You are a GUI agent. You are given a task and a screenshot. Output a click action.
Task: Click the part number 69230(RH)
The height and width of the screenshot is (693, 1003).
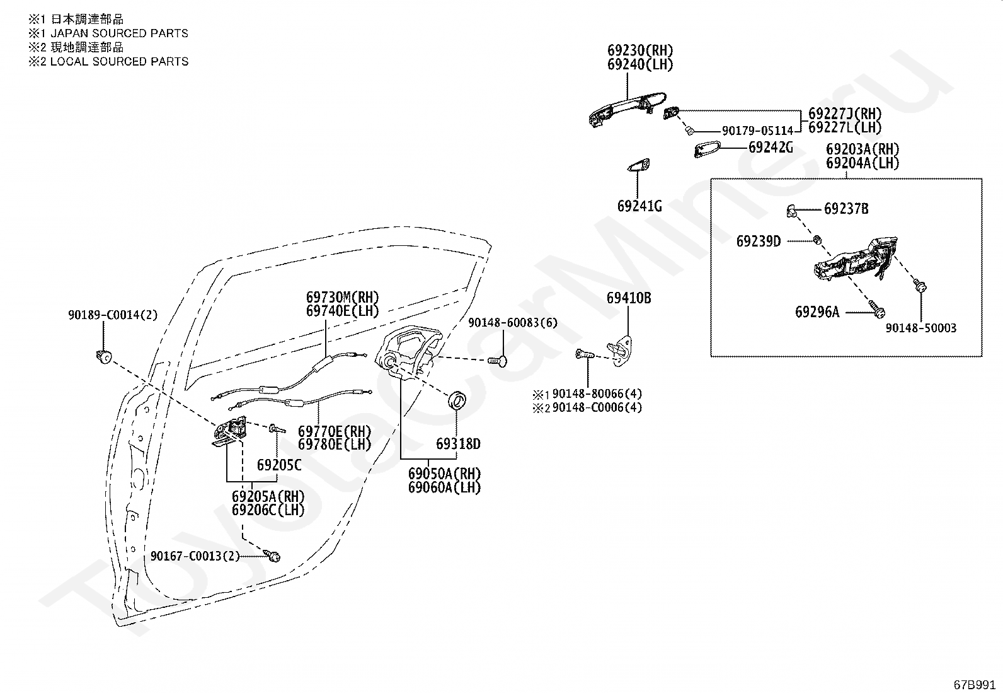pos(640,50)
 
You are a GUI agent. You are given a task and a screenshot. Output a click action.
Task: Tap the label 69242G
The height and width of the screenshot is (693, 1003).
pos(771,147)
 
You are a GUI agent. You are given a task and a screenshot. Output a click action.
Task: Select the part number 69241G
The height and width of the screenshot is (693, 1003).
pos(639,206)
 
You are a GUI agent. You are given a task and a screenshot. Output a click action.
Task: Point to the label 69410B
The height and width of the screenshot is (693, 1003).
pos(629,298)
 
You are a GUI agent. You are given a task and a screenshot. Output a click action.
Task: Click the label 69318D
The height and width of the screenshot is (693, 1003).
pos(458,444)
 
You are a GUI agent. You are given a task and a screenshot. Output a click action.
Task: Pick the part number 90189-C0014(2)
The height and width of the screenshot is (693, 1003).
pos(113,315)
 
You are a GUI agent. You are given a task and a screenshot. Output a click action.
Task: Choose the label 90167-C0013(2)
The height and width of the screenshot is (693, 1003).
pos(195,556)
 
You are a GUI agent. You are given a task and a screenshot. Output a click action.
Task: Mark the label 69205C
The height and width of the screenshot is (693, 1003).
pos(279,465)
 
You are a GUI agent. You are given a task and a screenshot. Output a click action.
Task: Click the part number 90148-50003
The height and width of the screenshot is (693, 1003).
pos(921,328)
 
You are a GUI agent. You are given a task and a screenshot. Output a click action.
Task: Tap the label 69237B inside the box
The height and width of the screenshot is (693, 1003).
pos(846,209)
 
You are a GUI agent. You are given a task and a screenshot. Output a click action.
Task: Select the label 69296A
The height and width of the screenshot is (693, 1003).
pos(817,312)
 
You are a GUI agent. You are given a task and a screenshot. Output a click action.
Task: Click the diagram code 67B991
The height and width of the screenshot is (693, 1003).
pos(975,685)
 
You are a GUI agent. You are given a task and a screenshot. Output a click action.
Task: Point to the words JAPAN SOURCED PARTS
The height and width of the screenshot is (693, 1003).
pos(120,33)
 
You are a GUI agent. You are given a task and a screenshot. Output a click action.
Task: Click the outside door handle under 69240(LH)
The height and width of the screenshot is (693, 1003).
pos(627,109)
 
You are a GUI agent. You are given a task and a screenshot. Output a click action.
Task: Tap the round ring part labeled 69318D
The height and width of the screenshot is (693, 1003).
pos(457,400)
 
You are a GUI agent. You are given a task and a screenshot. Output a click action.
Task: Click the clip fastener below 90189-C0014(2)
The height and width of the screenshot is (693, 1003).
pos(104,358)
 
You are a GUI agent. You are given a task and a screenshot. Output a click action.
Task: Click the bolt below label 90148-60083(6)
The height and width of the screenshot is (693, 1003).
pos(498,361)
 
